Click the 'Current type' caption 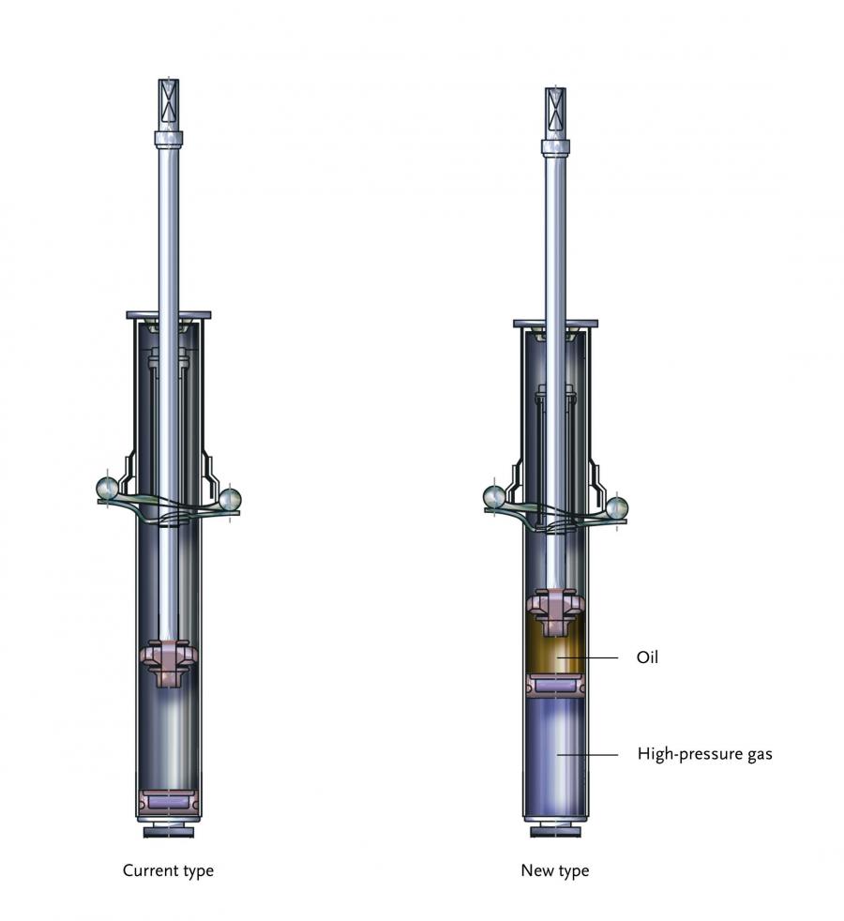click(x=168, y=870)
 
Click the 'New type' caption click(x=555, y=870)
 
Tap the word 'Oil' click(x=647, y=657)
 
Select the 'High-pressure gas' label click(x=705, y=754)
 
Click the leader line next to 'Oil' click(x=587, y=657)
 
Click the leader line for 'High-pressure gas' click(x=587, y=754)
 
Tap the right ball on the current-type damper click(x=229, y=500)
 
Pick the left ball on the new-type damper click(x=495, y=497)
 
